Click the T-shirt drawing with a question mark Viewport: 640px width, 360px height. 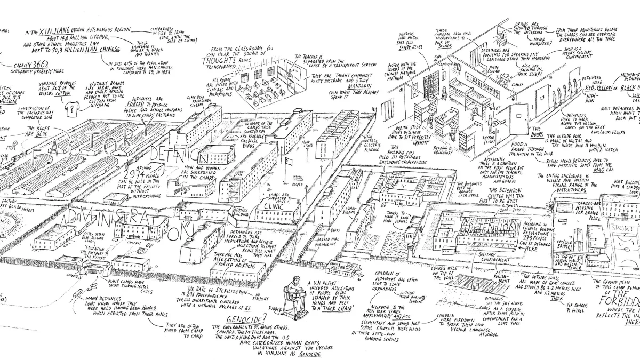coord(68,108)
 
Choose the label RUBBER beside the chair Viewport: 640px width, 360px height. coord(275,308)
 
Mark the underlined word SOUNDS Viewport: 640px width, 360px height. coord(445,46)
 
